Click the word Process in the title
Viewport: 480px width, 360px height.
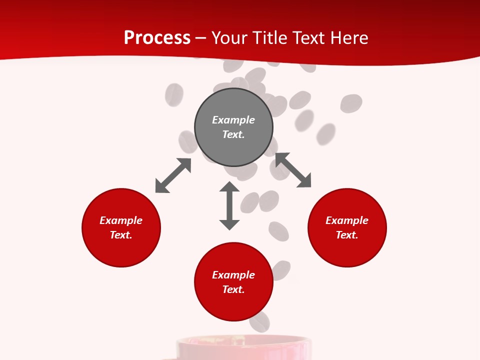[157, 38]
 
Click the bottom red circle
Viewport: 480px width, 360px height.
[233, 305]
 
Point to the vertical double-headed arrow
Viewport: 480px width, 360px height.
[229, 205]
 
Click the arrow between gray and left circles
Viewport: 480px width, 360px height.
[173, 175]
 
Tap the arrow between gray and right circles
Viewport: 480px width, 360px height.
[293, 170]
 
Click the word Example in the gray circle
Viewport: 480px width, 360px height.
[233, 120]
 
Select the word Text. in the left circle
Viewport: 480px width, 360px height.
[121, 235]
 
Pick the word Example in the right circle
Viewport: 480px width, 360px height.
[347, 220]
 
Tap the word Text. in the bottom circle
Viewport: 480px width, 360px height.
[233, 289]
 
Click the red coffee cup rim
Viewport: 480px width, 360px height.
[243, 341]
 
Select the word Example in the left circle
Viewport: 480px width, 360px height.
[121, 220]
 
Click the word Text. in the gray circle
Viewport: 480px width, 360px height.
[233, 134]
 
